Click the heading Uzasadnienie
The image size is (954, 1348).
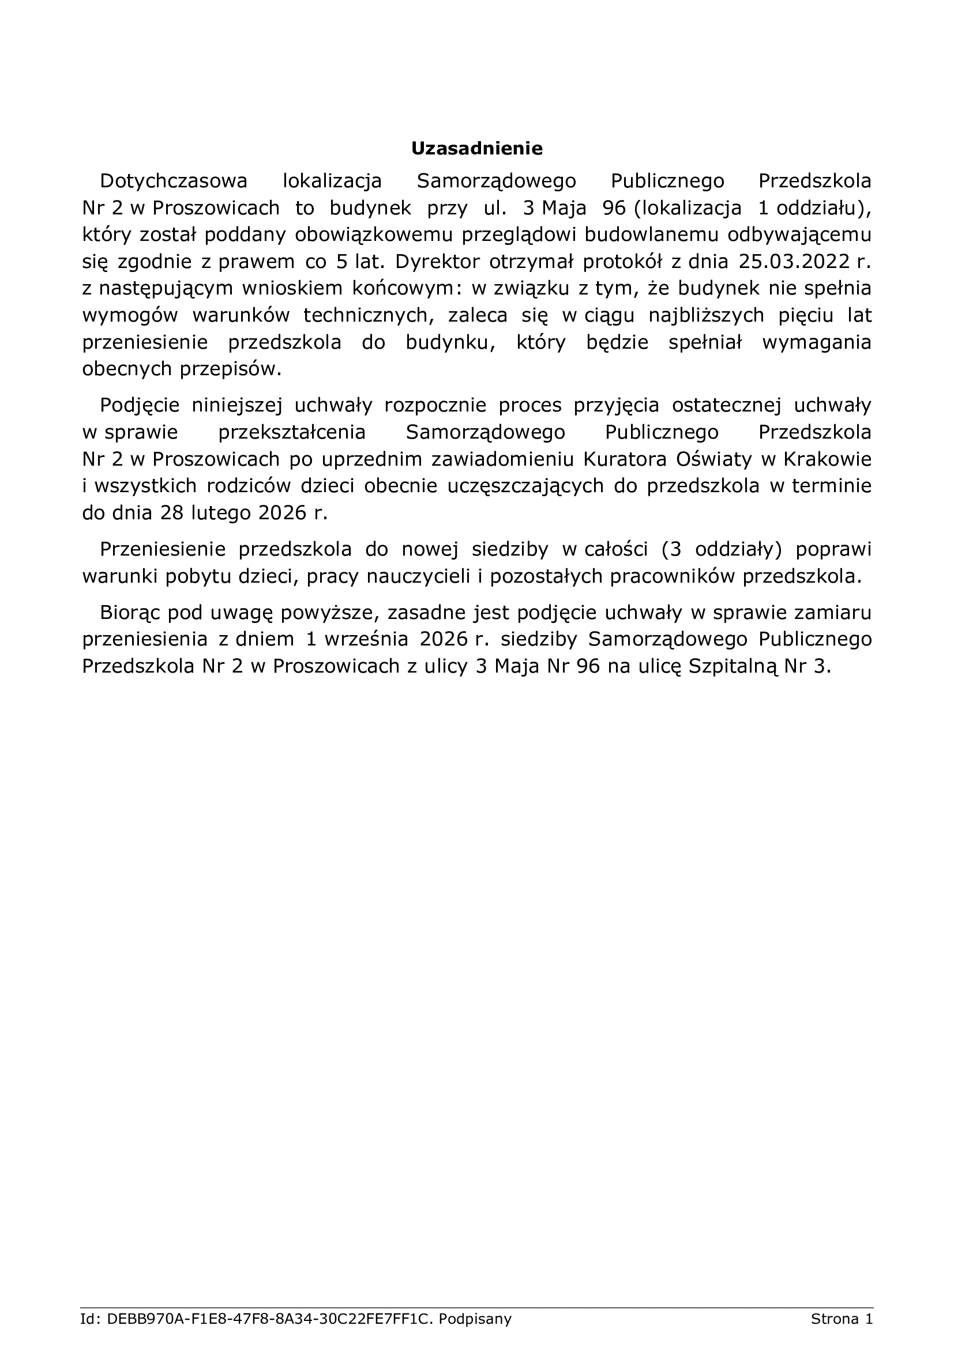[x=476, y=149]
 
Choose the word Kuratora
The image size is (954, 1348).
[x=625, y=459]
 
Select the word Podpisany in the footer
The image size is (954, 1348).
[x=475, y=1319]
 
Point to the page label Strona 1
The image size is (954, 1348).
[x=842, y=1319]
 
